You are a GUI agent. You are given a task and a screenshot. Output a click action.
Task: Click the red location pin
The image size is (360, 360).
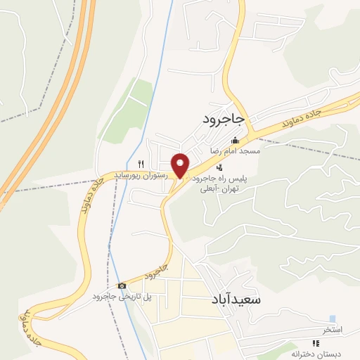click(x=181, y=164)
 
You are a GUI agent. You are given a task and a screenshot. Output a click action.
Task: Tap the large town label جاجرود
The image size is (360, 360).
click(x=222, y=119)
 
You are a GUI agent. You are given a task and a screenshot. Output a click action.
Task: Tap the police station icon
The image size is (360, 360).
click(x=220, y=167)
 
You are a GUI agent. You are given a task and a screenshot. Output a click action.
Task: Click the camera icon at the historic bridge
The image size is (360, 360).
click(x=122, y=285)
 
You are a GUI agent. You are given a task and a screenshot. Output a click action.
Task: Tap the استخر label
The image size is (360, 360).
click(x=332, y=330)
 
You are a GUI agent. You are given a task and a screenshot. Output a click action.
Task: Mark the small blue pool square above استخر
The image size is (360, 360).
click(x=332, y=319)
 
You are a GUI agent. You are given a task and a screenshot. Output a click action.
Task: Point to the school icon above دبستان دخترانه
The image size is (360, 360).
click(x=316, y=343)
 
